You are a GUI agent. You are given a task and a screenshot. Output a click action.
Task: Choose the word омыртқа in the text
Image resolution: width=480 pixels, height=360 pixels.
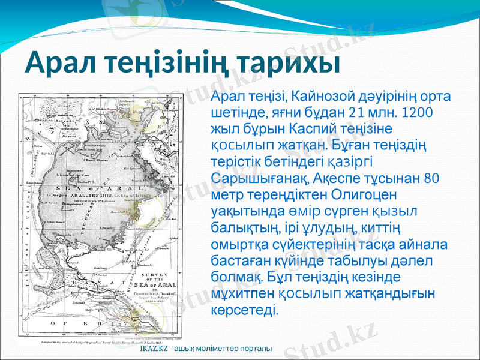pos(239,244)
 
